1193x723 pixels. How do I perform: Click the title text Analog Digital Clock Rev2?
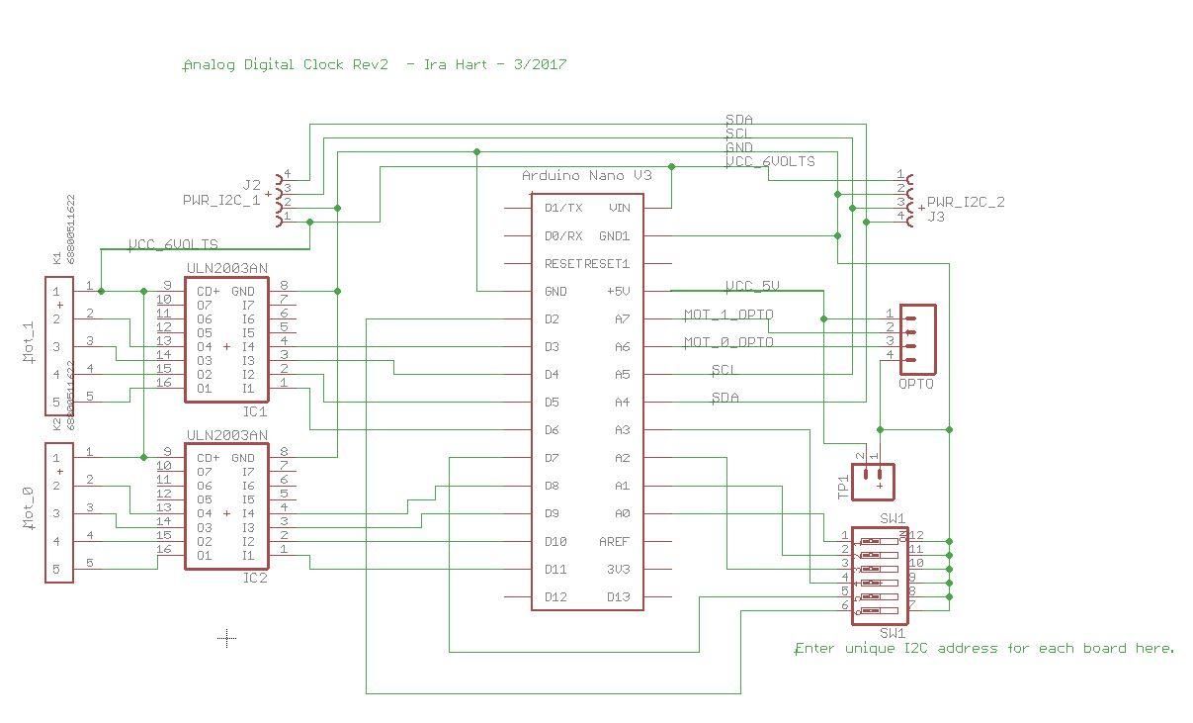click(x=286, y=64)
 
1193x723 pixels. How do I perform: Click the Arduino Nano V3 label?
click(x=587, y=175)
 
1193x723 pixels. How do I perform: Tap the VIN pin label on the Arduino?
click(x=620, y=208)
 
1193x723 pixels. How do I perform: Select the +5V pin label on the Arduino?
click(x=617, y=291)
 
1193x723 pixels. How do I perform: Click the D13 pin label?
click(x=618, y=596)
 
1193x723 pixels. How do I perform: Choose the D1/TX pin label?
click(x=563, y=208)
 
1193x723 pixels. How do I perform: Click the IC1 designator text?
click(x=255, y=410)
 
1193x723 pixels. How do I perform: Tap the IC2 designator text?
click(x=255, y=578)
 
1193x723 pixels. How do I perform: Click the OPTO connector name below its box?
click(x=915, y=384)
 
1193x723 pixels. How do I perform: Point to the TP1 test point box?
click(x=873, y=482)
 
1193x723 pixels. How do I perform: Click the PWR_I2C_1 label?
click(x=221, y=200)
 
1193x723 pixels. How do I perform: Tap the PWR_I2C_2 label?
click(x=966, y=202)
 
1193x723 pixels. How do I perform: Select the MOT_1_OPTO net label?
click(x=728, y=316)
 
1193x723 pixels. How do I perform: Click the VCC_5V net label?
click(x=752, y=286)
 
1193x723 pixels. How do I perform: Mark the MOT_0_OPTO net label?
click(x=728, y=342)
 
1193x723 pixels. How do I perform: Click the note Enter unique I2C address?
click(x=984, y=649)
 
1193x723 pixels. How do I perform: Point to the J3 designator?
click(x=935, y=217)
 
